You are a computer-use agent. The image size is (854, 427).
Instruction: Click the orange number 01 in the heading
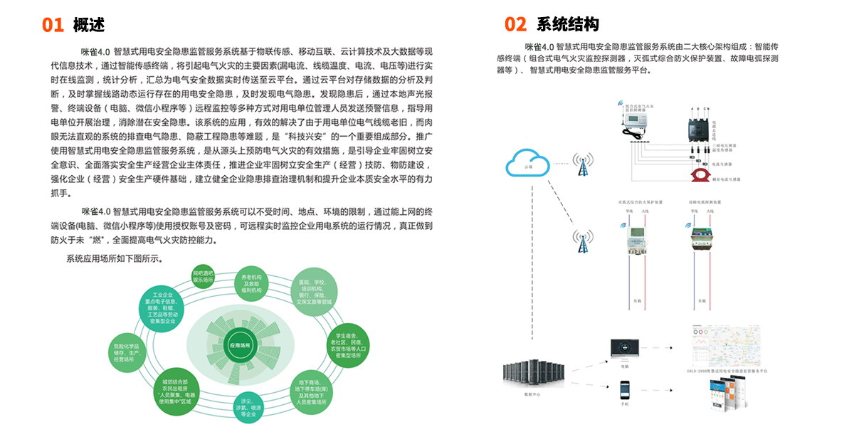[x=53, y=25]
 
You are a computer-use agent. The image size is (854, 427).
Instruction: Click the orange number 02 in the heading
[x=515, y=25]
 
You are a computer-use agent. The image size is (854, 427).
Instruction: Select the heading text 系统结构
[x=567, y=25]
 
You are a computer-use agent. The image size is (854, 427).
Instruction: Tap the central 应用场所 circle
[x=239, y=346]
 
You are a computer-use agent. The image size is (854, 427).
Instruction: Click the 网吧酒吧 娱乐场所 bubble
[x=203, y=277]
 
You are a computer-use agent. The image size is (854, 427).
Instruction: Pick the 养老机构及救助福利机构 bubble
[x=252, y=284]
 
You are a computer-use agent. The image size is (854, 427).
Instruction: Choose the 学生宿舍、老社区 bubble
[x=346, y=344]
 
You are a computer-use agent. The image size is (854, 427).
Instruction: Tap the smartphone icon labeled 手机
[x=624, y=391]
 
